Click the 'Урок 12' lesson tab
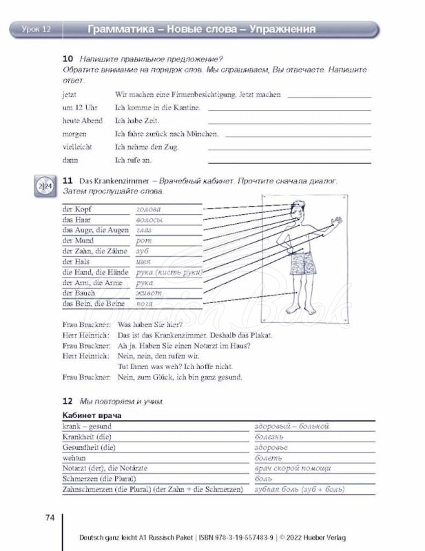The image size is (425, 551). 32,29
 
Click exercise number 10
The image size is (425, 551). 68,59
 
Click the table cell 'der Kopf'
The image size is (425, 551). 76,209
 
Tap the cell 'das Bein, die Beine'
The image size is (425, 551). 93,303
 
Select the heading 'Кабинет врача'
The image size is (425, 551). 92,416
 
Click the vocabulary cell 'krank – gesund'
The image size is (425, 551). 87,426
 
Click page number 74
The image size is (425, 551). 49,518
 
